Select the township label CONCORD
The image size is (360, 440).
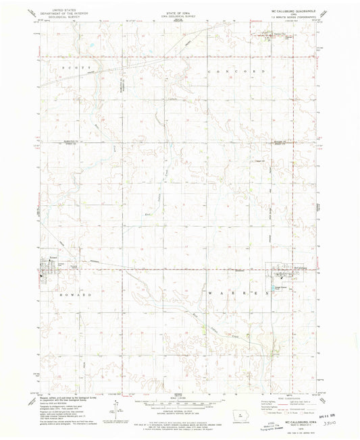coord(241,70)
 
